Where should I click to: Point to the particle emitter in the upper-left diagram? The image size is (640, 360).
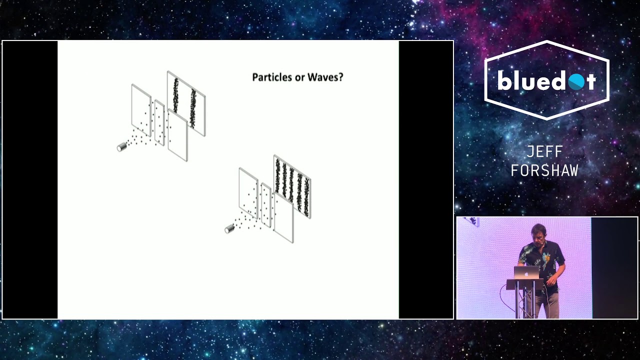(121, 147)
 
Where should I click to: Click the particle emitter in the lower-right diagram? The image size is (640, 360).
(229, 229)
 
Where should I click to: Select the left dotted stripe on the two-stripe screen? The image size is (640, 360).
(175, 95)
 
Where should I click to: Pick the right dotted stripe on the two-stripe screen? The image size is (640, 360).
(193, 108)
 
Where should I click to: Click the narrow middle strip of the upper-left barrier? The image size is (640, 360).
(159, 123)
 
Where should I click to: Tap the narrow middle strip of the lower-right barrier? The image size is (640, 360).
(266, 205)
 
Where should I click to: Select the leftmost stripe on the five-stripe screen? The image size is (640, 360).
(278, 176)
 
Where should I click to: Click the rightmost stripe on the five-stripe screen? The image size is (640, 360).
(306, 197)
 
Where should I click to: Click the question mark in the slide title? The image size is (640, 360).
(340, 77)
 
